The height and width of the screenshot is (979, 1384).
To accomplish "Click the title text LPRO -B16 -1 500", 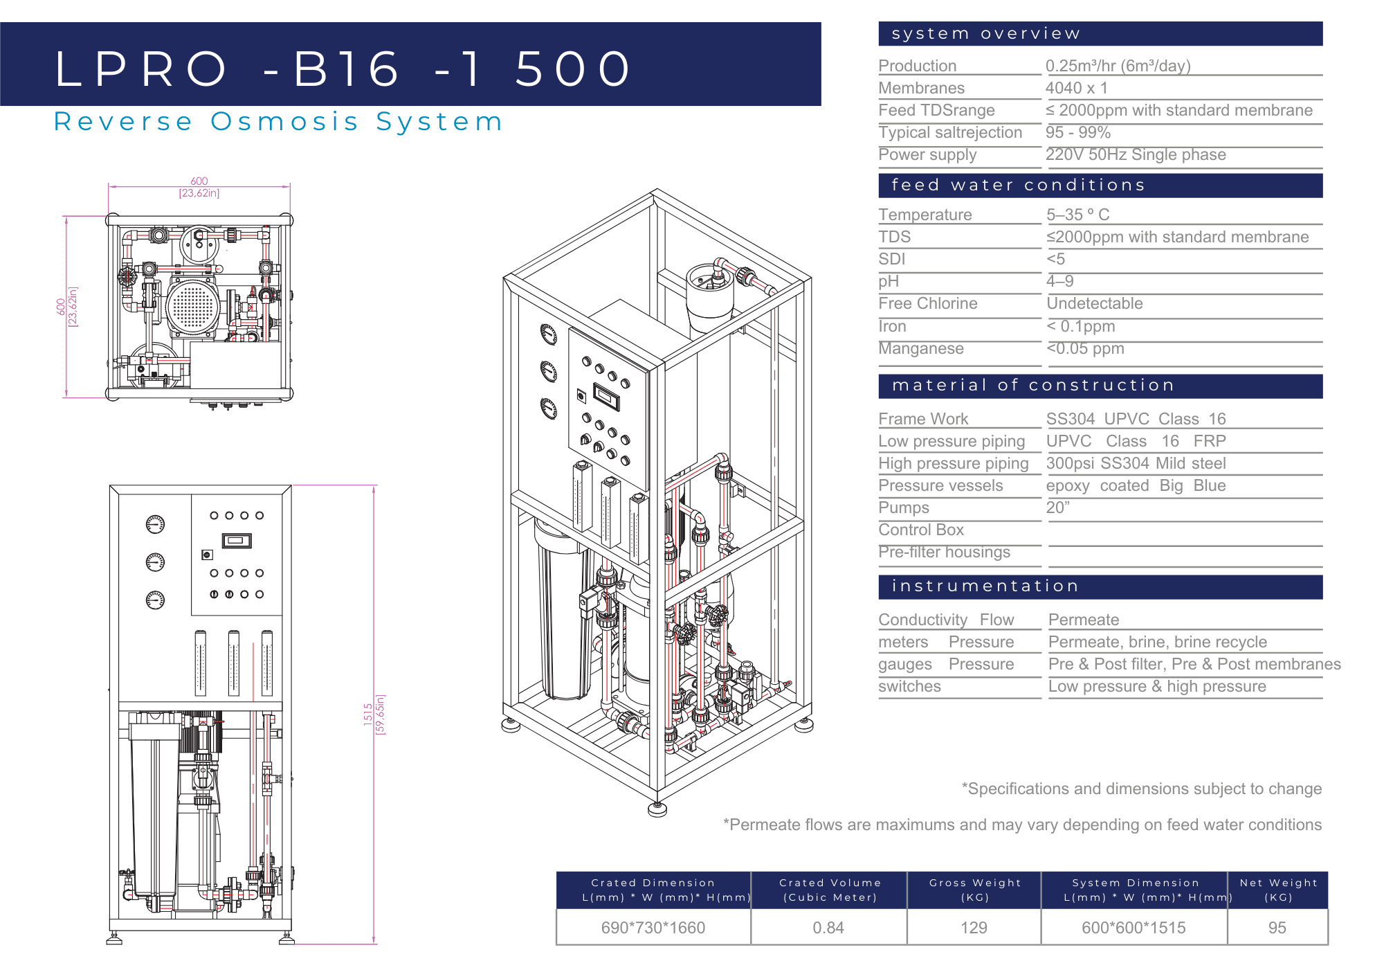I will click(343, 69).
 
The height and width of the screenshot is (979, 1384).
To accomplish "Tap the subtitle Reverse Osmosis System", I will click(278, 122).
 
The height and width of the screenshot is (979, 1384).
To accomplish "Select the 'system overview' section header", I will click(985, 34).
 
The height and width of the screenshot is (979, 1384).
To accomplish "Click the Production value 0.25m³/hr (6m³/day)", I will click(1118, 66).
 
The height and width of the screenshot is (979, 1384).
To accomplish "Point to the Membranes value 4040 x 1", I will click(1076, 88).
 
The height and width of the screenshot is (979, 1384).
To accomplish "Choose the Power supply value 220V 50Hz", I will click(1135, 154).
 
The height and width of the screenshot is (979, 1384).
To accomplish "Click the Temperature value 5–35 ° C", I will click(1077, 215).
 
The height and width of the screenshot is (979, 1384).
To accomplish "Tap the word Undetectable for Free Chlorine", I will click(1094, 303).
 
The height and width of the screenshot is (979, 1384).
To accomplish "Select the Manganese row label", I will click(920, 348).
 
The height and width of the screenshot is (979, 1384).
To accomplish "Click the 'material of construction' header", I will click(1033, 386).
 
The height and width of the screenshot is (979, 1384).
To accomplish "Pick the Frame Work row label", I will click(923, 419).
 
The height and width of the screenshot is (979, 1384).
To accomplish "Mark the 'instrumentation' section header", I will click(985, 586).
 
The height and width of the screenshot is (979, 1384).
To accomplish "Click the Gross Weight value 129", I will click(974, 928).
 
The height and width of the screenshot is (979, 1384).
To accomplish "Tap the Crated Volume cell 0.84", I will click(828, 928).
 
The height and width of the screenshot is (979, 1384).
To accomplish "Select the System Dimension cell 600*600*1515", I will click(1133, 928).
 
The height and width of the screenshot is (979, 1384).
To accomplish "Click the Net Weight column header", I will click(1278, 890).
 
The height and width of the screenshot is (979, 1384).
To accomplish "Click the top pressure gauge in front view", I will click(155, 525).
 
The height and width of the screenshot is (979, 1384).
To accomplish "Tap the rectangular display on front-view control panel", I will click(236, 541).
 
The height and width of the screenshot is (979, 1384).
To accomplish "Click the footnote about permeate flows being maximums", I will click(1022, 825).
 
